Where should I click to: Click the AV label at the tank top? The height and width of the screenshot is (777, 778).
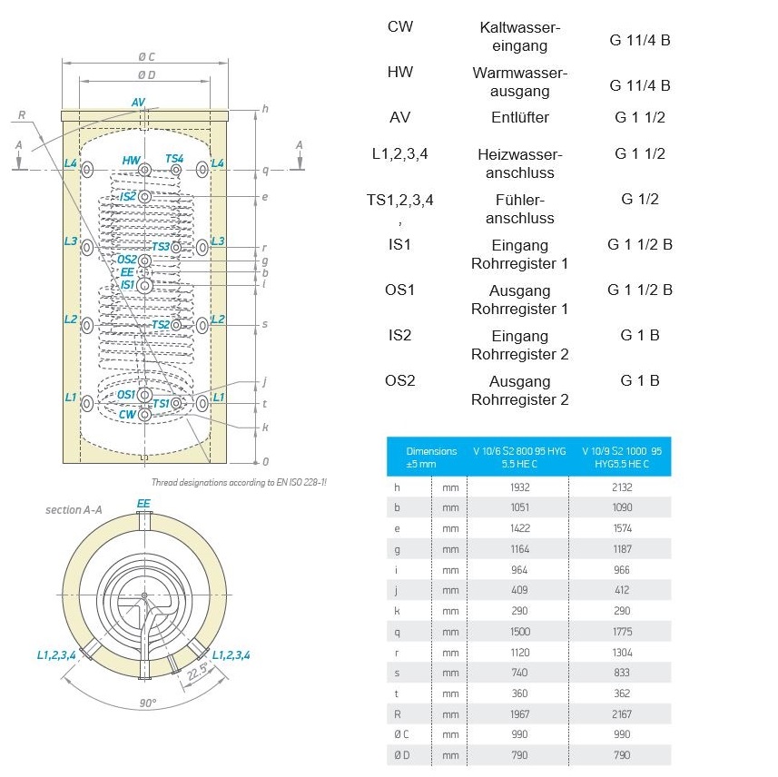(138, 102)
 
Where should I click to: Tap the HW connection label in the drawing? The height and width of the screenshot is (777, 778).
(131, 161)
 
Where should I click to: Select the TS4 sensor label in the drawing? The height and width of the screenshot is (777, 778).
(174, 159)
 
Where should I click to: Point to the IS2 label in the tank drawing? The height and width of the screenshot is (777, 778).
(127, 196)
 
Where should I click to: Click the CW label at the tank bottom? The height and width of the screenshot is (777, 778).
(127, 414)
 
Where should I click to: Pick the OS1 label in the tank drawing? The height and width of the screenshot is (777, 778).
(126, 395)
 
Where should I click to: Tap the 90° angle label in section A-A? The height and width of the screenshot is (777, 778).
(146, 703)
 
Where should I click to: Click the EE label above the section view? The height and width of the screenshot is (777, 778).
(143, 503)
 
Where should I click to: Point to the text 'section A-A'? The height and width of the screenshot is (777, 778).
(74, 510)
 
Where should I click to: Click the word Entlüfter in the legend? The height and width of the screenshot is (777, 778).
(519, 117)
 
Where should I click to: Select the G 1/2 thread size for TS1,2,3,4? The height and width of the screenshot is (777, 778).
(639, 199)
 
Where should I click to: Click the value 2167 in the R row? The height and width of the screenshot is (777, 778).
(621, 714)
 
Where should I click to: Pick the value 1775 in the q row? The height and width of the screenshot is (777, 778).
(621, 632)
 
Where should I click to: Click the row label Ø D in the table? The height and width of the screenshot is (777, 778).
(401, 755)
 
